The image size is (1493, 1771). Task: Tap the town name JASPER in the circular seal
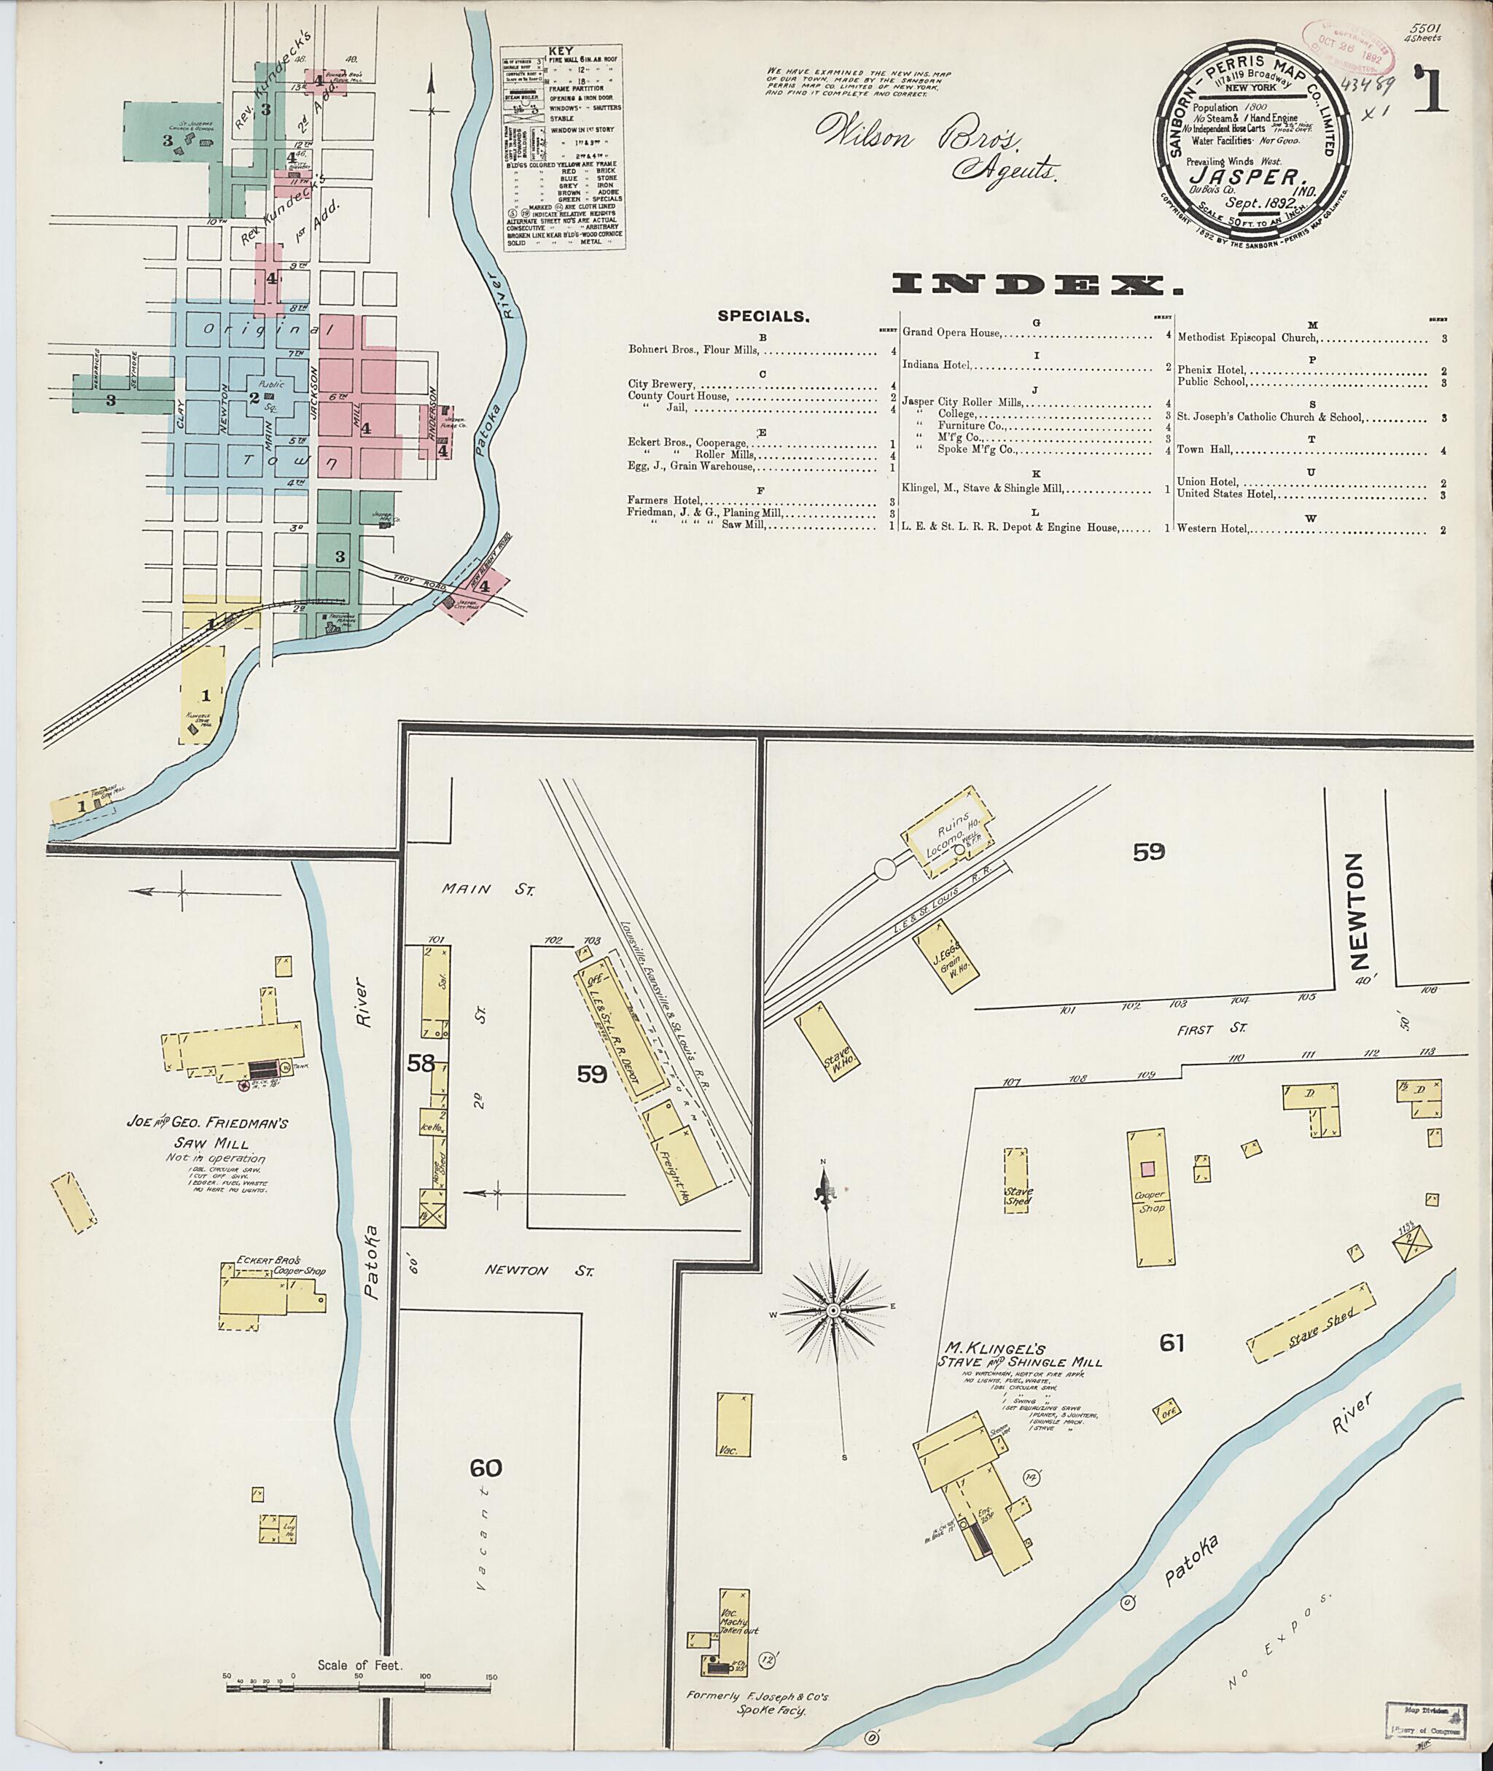(1236, 177)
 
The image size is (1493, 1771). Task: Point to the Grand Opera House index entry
(951, 332)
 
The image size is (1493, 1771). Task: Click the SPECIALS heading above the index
(763, 316)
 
